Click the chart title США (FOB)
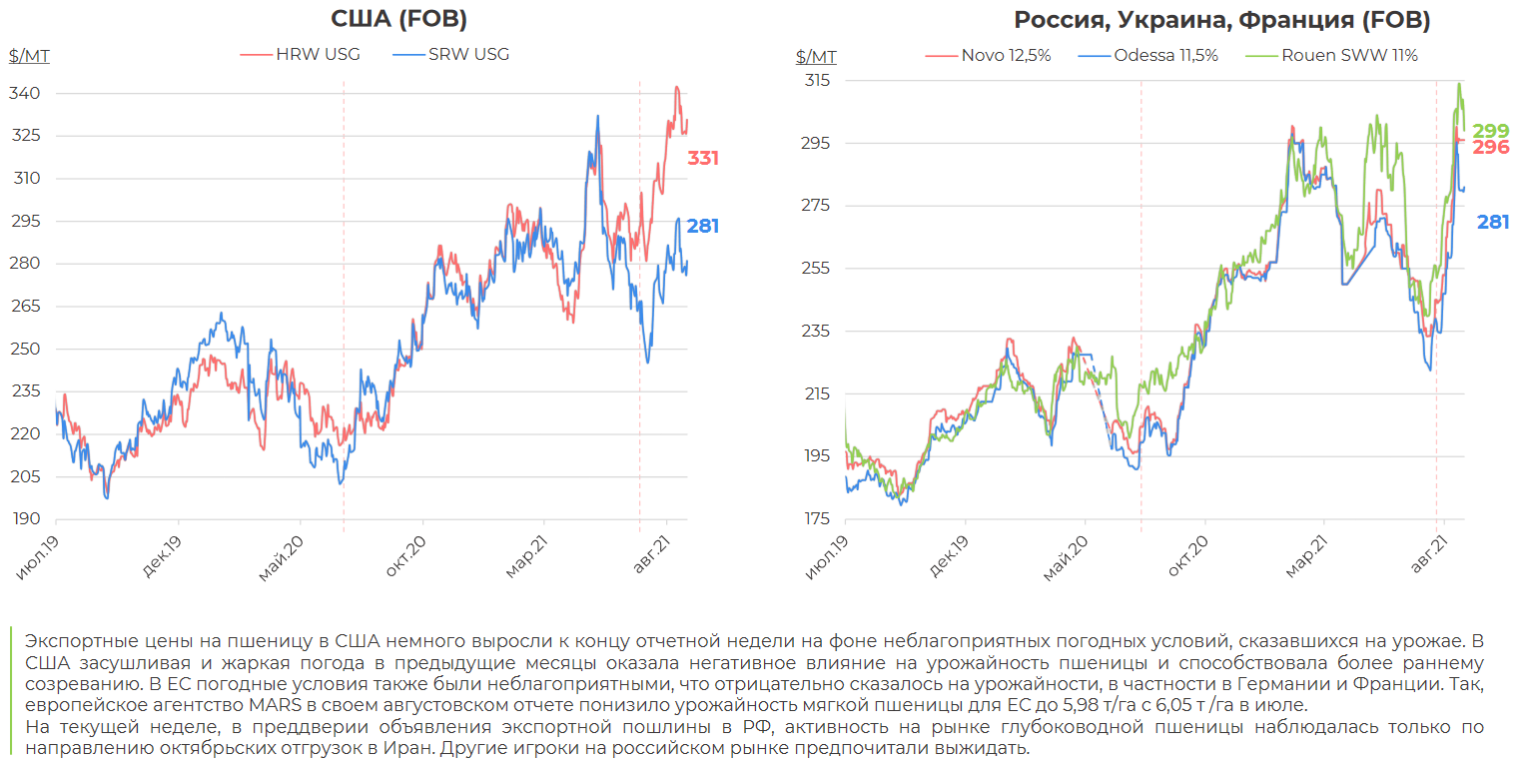[x=398, y=19]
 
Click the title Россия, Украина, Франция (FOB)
[x=1221, y=20]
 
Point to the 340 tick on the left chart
[x=27, y=94]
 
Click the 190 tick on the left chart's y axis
[x=27, y=519]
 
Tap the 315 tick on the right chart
[x=816, y=80]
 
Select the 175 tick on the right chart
[x=816, y=519]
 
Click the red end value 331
[x=703, y=158]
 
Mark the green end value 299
[x=1491, y=131]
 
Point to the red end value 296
[x=1491, y=148]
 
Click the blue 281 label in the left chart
[x=703, y=227]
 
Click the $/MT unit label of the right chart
[x=817, y=56]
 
